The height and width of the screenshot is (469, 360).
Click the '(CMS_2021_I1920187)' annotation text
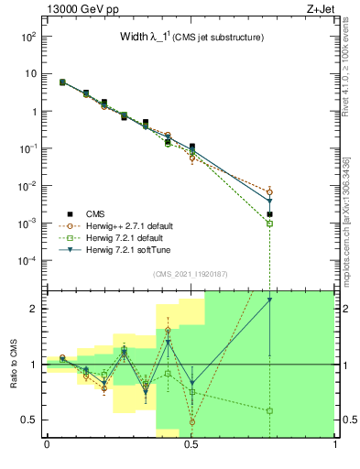(x=191, y=274)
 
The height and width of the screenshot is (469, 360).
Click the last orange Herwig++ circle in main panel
(x=269, y=191)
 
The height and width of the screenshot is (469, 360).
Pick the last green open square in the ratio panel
(x=269, y=411)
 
